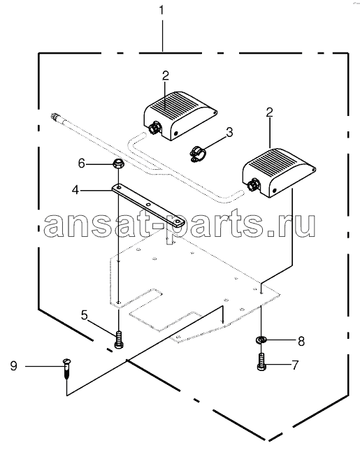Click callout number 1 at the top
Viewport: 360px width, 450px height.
coord(161,10)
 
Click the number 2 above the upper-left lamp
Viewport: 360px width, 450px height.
coord(166,75)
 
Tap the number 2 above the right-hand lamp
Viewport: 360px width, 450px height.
coord(269,112)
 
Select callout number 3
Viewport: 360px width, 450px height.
coord(229,133)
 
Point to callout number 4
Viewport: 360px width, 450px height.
coord(75,190)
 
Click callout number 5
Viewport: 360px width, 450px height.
coord(84,315)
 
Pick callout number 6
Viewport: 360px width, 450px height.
coord(82,164)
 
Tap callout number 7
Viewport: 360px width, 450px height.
coord(295,365)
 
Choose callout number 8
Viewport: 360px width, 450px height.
coord(301,341)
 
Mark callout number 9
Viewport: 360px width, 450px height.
coord(13,366)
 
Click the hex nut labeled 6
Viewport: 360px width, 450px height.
coord(117,164)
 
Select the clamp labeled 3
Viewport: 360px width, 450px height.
coord(198,154)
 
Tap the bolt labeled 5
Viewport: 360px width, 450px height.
coord(119,340)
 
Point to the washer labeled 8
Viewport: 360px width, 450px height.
coord(261,340)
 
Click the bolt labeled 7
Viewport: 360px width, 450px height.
coord(261,362)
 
